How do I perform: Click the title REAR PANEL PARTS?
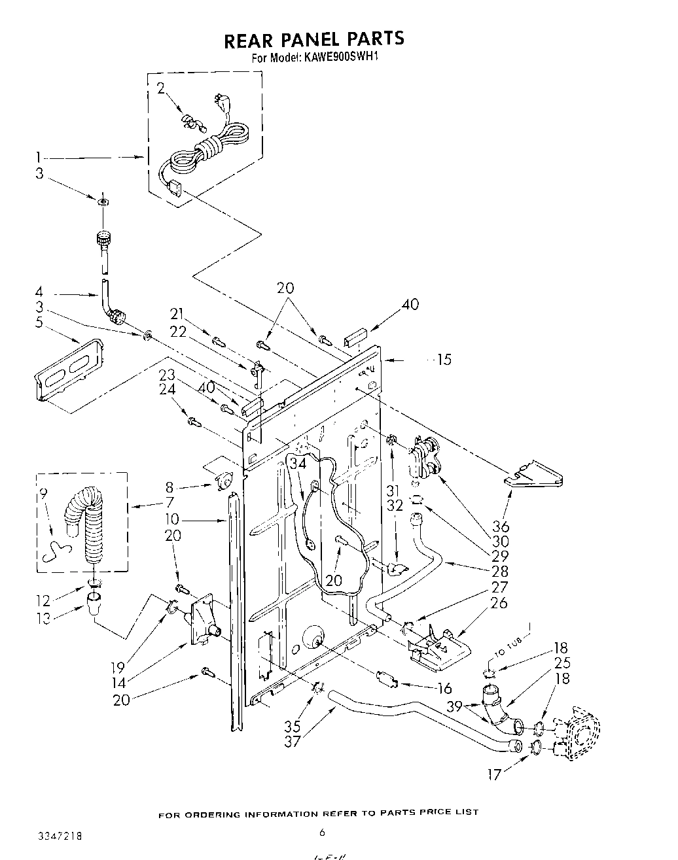click(314, 40)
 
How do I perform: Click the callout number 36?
click(501, 527)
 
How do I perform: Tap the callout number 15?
click(444, 359)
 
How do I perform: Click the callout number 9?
click(44, 495)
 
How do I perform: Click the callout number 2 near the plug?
click(161, 89)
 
